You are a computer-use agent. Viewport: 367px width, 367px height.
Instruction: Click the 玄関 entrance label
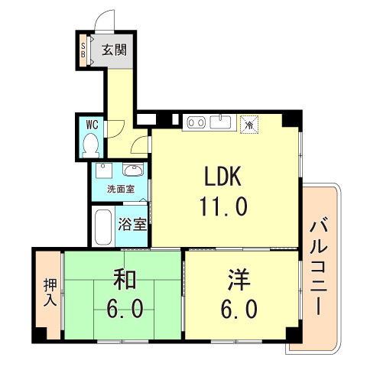click(x=115, y=51)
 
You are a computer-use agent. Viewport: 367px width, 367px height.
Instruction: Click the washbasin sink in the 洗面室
click(x=134, y=170)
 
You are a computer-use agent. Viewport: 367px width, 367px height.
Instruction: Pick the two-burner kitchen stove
click(x=195, y=121)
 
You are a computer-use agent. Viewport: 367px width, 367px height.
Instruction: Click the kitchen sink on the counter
click(x=222, y=121)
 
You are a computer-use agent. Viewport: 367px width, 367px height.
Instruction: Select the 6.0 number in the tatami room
click(x=126, y=309)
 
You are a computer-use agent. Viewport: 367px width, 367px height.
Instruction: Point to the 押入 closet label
click(x=49, y=292)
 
